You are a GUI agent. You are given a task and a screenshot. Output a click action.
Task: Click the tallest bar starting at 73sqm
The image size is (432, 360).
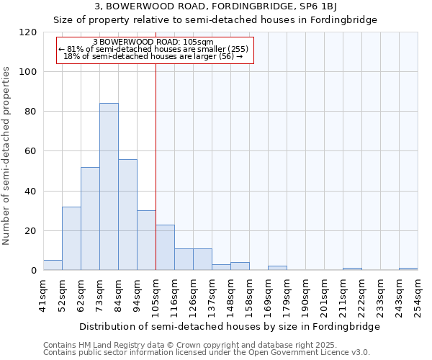point(109,186)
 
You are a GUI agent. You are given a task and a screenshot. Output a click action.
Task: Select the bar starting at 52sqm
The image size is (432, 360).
point(71,238)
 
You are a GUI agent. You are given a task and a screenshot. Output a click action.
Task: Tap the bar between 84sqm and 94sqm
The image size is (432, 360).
point(127,215)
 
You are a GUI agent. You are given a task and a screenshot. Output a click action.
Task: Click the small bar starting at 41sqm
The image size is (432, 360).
point(53,265)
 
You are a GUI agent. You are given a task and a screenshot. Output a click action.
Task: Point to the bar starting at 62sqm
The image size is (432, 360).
point(90,219)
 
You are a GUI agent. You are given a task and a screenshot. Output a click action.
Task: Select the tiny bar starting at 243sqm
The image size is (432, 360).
point(408,269)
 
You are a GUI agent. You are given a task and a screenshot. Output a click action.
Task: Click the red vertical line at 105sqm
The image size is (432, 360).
point(156,166)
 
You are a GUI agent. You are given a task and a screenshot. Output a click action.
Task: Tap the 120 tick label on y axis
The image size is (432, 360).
point(28,32)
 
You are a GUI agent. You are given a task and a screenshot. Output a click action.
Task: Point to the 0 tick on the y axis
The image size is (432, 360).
point(33,271)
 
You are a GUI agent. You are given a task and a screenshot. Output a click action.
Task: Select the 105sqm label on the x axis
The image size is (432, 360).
point(156,294)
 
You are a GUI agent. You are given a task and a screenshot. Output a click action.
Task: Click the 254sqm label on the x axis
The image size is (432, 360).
point(418,294)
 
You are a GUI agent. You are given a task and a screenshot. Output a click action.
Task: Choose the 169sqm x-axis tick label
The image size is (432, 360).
point(268,294)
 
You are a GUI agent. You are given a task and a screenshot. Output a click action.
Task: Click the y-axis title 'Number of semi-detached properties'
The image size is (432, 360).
point(7,156)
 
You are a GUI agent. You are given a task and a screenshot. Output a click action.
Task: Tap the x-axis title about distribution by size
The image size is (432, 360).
point(229,326)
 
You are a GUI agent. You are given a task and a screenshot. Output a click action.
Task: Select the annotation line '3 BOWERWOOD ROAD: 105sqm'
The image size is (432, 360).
point(153,42)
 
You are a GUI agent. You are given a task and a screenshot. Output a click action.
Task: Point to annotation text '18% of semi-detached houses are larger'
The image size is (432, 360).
point(153,56)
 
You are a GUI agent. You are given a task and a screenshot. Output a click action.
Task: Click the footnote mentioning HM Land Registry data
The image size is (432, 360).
point(186,345)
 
